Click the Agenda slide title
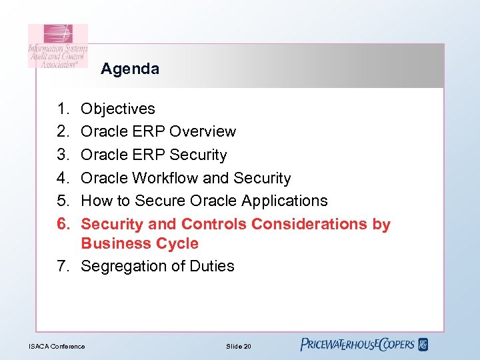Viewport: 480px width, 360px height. [130, 69]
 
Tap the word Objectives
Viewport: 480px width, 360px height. [118, 109]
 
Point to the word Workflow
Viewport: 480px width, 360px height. [165, 178]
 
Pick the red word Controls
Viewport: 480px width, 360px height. [213, 224]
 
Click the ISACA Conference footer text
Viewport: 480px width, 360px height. [57, 346]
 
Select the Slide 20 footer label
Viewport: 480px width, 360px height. [238, 346]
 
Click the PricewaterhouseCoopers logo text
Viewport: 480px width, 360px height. [357, 345]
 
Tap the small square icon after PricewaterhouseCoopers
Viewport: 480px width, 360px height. [423, 345]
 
